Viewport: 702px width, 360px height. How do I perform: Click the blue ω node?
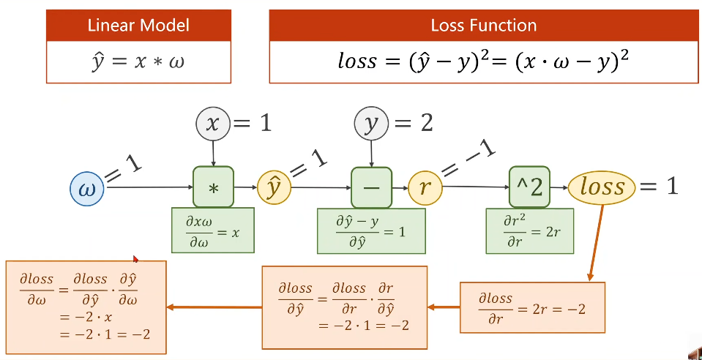pyautogui.click(x=87, y=190)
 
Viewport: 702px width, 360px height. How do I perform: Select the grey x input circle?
pyautogui.click(x=213, y=123)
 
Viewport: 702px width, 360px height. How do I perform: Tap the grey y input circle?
pyautogui.click(x=371, y=123)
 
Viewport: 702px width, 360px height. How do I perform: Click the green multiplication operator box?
pyautogui.click(x=214, y=187)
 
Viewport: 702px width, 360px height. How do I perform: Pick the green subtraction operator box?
pyautogui.click(x=372, y=187)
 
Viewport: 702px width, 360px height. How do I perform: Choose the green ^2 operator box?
pyautogui.click(x=530, y=187)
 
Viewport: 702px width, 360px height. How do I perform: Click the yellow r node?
pyautogui.click(x=425, y=188)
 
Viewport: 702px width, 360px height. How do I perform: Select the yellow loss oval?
pyautogui.click(x=602, y=187)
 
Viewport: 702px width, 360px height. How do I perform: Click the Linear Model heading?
pyautogui.click(x=139, y=26)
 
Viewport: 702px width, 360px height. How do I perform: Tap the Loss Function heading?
pyautogui.click(x=484, y=26)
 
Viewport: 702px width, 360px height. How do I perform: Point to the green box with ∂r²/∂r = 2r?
pyautogui.click(x=530, y=231)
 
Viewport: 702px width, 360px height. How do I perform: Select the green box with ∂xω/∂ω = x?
pyautogui.click(x=213, y=230)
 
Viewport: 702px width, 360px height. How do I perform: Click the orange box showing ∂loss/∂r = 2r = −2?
pyautogui.click(x=532, y=307)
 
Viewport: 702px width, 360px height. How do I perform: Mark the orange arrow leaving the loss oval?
pyautogui.click(x=595, y=243)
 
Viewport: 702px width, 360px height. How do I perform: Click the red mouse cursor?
pyautogui.click(x=135, y=259)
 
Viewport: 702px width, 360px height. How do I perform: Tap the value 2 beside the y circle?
pyautogui.click(x=427, y=123)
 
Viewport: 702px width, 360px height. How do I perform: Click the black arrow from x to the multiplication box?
pyautogui.click(x=213, y=153)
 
